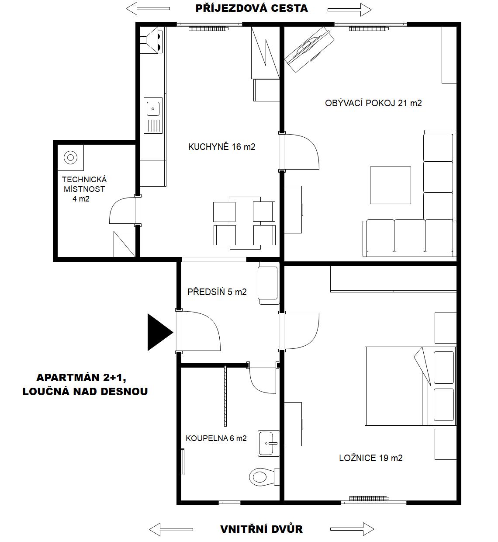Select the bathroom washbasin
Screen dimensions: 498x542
click(269, 443)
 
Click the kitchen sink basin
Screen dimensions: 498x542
click(153, 109)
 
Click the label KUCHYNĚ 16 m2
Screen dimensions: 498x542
click(222, 147)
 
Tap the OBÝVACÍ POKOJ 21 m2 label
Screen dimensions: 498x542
click(373, 103)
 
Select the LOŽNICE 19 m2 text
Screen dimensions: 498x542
click(371, 458)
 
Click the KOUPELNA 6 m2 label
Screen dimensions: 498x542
click(216, 438)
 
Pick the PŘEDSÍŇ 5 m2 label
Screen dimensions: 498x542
click(217, 292)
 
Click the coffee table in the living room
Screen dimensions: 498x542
click(390, 185)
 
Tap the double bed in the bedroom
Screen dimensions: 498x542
click(410, 386)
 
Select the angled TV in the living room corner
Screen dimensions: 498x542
click(309, 49)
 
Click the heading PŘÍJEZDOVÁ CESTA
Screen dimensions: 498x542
click(252, 8)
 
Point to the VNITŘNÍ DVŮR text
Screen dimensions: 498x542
click(261, 529)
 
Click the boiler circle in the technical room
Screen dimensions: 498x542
click(70, 157)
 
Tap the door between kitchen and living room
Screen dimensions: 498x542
click(299, 152)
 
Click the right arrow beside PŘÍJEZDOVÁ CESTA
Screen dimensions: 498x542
click(349, 10)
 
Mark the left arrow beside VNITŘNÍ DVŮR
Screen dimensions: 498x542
click(171, 529)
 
